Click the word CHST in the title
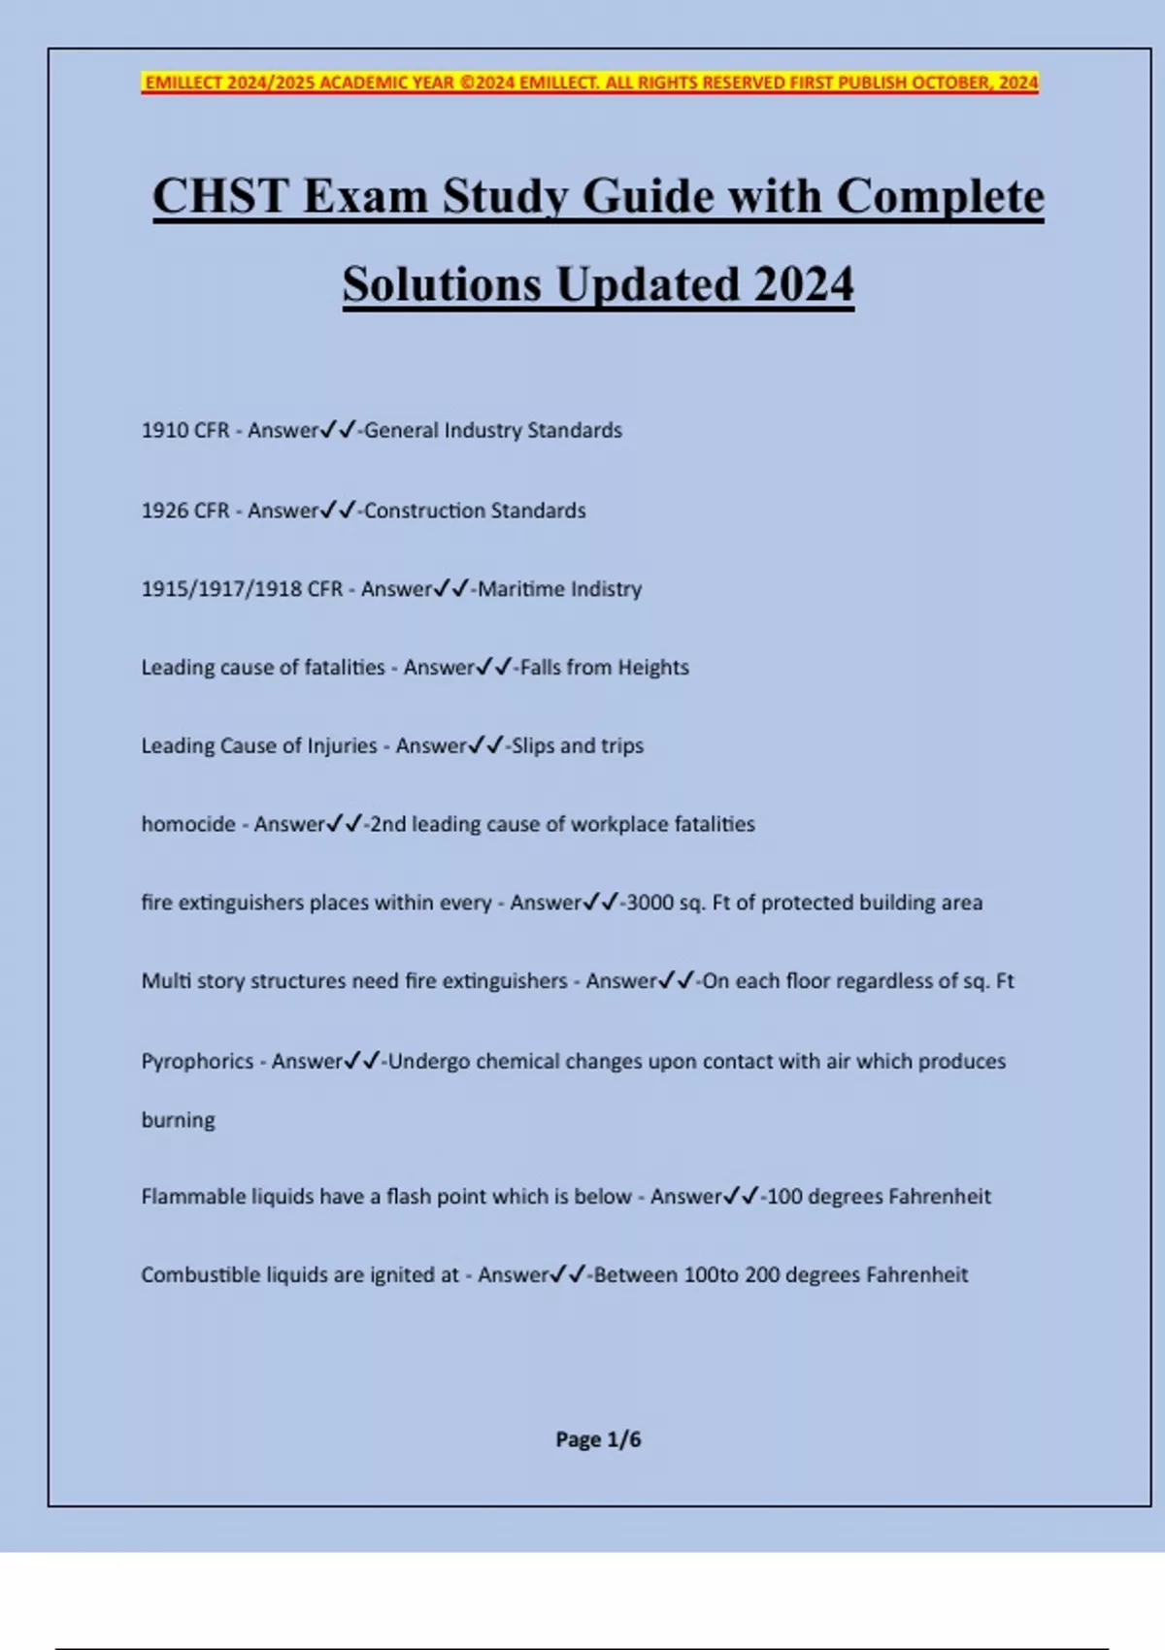(220, 197)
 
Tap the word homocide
(188, 824)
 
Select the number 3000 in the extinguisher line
(649, 903)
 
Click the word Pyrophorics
(197, 1061)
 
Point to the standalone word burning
(178, 1120)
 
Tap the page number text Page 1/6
(598, 1439)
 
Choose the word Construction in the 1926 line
(423, 511)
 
